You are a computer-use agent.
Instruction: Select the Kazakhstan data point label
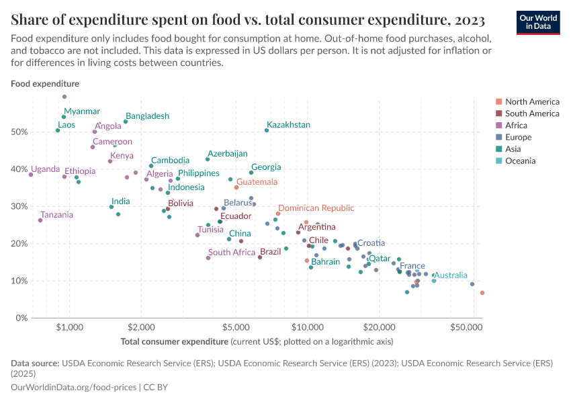288,125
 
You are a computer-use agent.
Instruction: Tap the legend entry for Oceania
521,161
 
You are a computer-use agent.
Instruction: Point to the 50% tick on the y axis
19,132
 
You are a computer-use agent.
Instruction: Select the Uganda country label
45,169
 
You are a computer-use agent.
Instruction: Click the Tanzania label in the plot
57,215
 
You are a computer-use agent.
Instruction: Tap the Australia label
451,275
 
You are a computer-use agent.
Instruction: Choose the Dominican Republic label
316,208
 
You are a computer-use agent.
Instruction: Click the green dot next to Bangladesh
126,122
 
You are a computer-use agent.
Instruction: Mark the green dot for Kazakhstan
267,130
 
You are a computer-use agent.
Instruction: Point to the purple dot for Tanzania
40,220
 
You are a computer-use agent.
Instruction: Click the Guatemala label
257,182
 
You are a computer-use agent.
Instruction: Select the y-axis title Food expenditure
45,84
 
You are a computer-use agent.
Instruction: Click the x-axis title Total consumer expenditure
175,342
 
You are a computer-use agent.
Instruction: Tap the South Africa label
232,253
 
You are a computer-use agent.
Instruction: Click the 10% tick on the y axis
19,281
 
